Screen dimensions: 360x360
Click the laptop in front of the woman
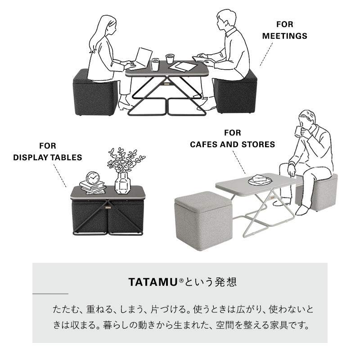tap(142, 58)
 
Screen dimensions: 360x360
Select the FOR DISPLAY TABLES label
tap(48, 152)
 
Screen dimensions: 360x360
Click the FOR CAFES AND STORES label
tap(232, 139)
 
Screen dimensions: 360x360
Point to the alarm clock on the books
tap(93, 178)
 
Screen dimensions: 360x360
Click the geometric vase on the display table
tap(122, 183)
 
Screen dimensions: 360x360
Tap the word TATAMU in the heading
tap(153, 282)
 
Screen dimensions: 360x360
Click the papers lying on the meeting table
tap(183, 67)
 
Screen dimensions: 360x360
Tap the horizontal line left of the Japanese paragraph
tap(50, 294)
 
